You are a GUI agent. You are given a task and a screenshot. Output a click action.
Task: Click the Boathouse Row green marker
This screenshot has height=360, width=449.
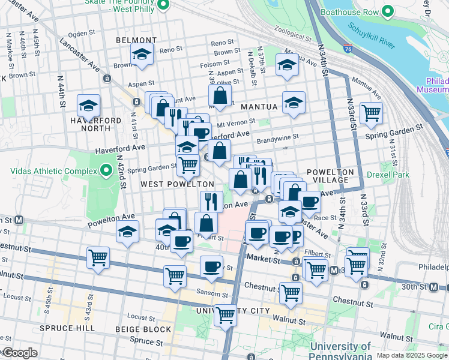(388, 11)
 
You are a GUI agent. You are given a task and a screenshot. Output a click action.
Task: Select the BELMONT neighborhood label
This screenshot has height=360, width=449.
(136, 40)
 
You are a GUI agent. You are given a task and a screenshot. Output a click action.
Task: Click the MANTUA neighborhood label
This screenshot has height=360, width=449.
(259, 107)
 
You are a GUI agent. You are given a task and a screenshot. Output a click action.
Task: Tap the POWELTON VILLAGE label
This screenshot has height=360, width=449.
(328, 176)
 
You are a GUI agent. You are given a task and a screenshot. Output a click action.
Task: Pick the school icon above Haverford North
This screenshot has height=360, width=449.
(88, 107)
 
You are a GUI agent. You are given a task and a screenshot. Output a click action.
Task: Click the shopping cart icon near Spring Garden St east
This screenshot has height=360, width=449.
(371, 112)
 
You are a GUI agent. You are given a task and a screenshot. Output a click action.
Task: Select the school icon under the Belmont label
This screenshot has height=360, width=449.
(142, 55)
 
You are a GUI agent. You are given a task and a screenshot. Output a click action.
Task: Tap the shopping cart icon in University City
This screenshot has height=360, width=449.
(226, 314)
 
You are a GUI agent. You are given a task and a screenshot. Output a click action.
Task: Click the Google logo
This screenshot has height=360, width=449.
(20, 353)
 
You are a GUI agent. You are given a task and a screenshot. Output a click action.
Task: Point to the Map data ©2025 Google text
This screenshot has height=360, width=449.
(412, 355)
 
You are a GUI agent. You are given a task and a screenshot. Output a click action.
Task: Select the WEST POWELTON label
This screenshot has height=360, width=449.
(177, 184)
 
